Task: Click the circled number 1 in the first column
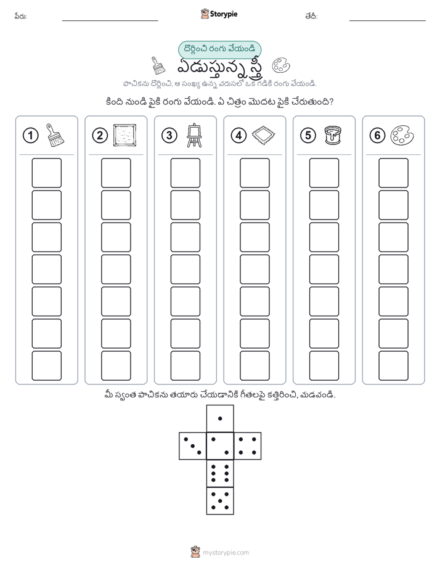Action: coord(30,136)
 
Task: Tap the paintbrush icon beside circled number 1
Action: coord(55,135)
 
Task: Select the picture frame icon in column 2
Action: coord(125,136)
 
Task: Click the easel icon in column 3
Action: coord(194,135)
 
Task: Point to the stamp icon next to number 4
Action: coord(264,136)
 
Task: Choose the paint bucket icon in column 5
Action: coord(333,135)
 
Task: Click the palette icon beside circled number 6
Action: coord(402,136)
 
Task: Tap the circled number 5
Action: coord(308,136)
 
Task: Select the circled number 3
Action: coord(169,136)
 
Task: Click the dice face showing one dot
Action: coord(220,418)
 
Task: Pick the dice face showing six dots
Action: coord(220,474)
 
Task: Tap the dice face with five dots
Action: coord(220,501)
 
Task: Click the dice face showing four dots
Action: coord(248,446)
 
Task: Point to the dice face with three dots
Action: coord(193,446)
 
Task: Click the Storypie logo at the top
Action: coord(219,14)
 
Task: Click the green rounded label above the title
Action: coord(219,49)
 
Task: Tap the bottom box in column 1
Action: coord(46,366)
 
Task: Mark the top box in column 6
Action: coord(394,173)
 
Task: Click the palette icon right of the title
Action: coord(281,65)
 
